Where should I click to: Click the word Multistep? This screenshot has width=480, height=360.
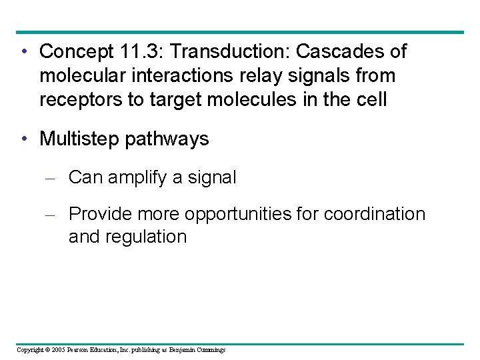79,139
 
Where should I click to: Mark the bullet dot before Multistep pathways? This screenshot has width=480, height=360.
23,139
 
